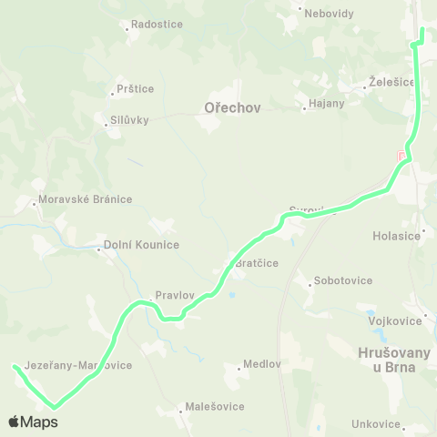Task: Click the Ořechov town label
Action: point(232,107)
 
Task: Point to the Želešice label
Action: point(392,82)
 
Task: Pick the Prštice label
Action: point(135,89)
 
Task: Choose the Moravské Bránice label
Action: point(85,199)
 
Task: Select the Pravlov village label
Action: point(174,295)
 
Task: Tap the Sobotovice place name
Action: point(342,280)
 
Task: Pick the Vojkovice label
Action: point(394,320)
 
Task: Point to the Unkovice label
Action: point(376,424)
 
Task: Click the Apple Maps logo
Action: point(33,422)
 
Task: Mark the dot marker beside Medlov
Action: point(239,367)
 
